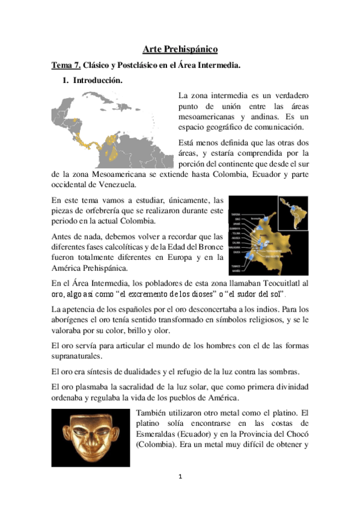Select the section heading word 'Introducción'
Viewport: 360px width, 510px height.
point(99,81)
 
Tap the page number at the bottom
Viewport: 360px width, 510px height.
point(180,476)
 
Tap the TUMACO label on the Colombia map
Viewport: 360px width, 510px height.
point(236,266)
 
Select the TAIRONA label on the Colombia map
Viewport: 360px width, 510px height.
point(236,214)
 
